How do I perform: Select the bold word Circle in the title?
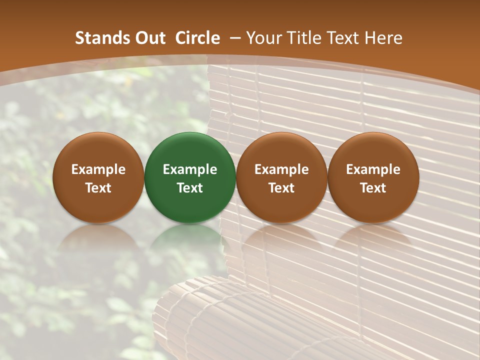point(197,38)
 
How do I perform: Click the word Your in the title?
point(262,38)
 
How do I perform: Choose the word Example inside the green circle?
point(190,169)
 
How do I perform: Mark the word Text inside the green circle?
point(190,188)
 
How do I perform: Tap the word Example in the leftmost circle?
point(98,169)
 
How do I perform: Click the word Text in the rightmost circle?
point(373,188)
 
